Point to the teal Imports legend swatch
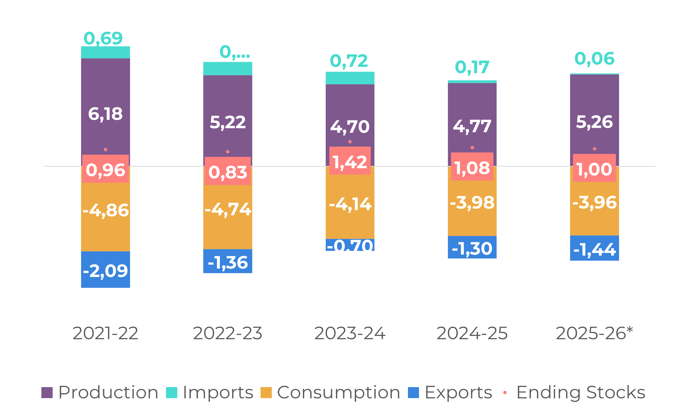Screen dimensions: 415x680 (171, 393)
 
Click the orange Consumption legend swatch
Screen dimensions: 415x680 (266, 393)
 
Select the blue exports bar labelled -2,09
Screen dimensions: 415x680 (106, 270)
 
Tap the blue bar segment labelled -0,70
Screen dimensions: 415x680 (350, 245)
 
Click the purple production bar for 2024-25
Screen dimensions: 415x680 (472, 110)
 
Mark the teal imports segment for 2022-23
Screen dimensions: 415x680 (228, 68)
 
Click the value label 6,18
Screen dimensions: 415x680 (106, 114)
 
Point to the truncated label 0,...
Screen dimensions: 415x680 (234, 52)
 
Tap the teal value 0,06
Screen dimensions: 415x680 (595, 59)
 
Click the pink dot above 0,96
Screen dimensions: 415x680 (106, 150)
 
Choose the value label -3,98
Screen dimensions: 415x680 (472, 203)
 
